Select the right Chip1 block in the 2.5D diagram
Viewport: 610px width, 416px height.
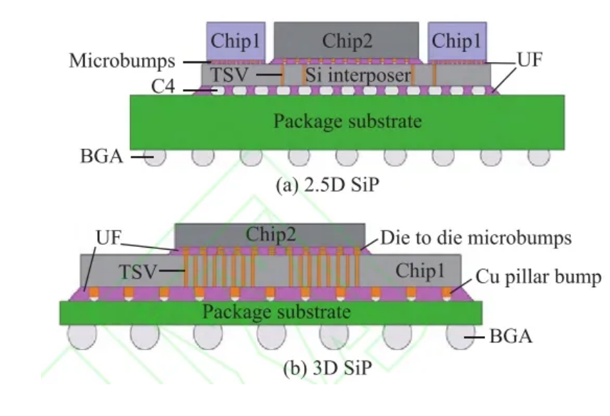point(457,41)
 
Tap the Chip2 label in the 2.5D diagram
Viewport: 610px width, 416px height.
point(348,41)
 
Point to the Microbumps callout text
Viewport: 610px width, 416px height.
point(122,61)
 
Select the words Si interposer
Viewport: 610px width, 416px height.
point(358,75)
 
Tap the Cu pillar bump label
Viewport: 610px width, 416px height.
point(539,277)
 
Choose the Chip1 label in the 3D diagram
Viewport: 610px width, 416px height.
point(419,270)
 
